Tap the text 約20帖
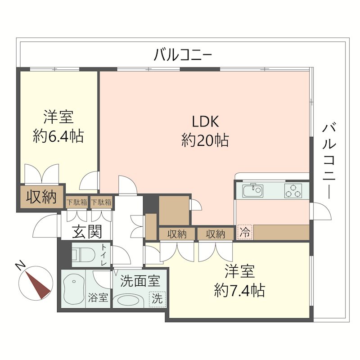coord(205,141)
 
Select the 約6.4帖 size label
coord(58,136)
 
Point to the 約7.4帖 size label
coord(239,290)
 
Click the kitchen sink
coord(252,191)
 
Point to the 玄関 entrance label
coord(87,232)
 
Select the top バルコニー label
coord(182,55)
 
